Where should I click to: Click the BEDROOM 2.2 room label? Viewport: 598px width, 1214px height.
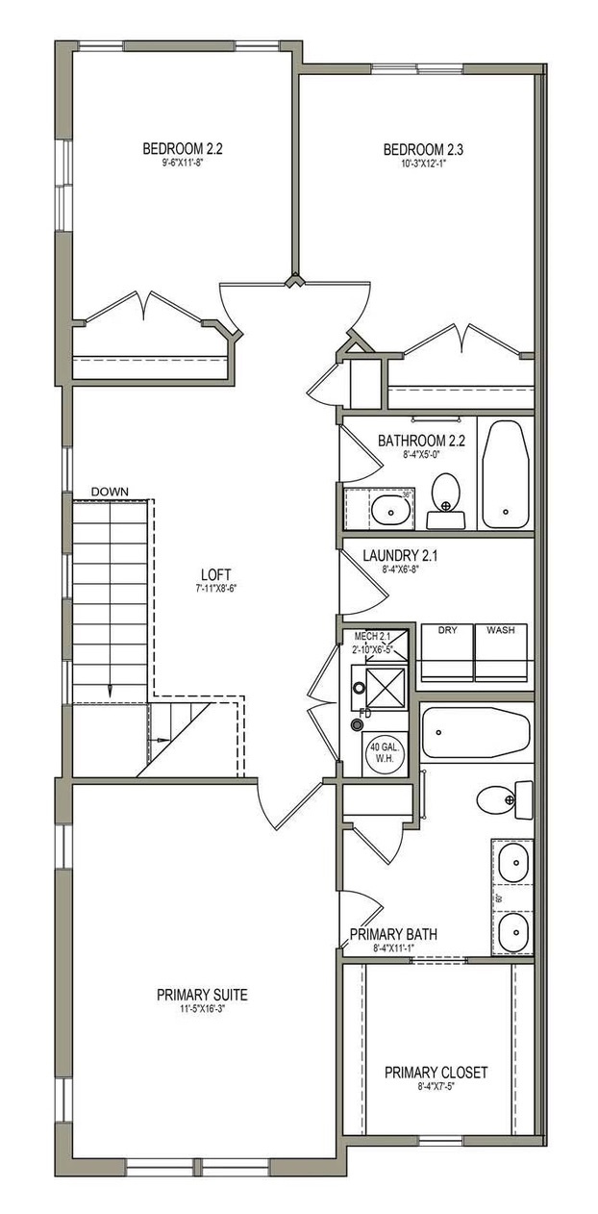(183, 149)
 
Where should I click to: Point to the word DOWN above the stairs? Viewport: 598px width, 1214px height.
(110, 492)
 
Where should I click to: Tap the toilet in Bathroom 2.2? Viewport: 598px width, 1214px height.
(444, 493)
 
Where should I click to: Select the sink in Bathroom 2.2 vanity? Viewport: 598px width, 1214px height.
(389, 509)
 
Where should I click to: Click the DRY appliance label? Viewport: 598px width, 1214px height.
(447, 630)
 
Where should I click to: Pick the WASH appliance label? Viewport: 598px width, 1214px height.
(500, 630)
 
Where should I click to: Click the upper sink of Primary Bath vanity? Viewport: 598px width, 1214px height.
(512, 862)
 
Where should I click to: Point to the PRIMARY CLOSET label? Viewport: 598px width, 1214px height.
(436, 1072)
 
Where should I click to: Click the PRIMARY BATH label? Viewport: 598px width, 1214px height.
(393, 934)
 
